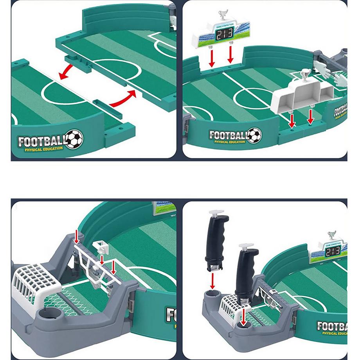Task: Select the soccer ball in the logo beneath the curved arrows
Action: [x=74, y=139]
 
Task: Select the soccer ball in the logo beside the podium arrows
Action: [x=255, y=135]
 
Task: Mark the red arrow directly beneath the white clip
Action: [x=102, y=260]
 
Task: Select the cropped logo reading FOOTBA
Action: [x=331, y=326]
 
